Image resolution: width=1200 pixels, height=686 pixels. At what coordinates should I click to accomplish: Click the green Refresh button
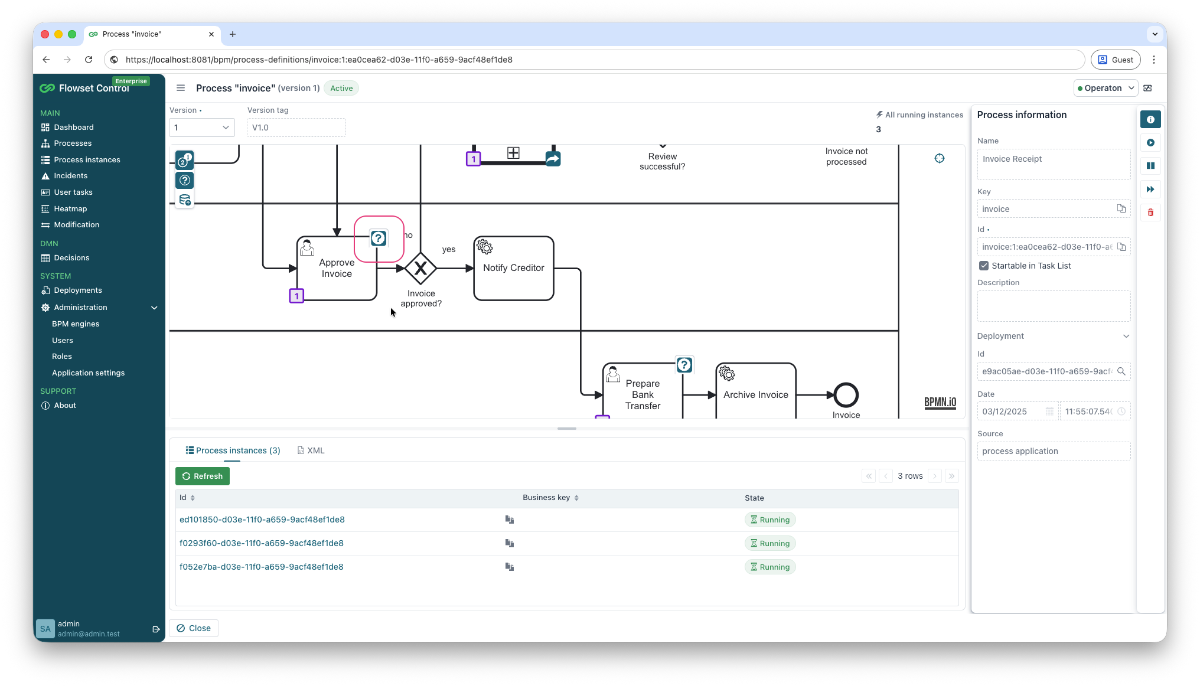[202, 476]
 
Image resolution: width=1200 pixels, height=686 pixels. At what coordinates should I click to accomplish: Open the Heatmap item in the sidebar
[70, 208]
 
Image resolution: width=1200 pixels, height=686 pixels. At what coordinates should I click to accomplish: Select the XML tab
[311, 450]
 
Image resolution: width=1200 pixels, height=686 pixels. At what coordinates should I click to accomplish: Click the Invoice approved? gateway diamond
[420, 269]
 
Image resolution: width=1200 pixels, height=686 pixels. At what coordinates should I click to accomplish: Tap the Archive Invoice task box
[755, 394]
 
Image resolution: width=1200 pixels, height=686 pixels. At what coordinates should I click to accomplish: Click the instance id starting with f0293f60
[262, 543]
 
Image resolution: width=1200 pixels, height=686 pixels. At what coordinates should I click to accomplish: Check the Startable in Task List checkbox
[984, 266]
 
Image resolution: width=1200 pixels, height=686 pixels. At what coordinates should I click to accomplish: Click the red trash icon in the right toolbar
[1150, 213]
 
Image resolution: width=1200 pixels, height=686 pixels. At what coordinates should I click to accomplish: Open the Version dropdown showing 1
[201, 128]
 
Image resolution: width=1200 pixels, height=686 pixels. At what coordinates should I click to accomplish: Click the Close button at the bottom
[194, 628]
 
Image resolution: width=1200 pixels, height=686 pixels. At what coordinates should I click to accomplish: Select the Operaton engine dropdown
[1106, 88]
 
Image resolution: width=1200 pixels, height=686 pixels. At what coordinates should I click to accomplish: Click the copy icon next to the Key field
[1121, 208]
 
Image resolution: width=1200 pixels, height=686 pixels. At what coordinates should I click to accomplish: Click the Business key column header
[546, 498]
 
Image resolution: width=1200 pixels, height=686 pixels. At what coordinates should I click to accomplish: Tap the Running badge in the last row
[770, 567]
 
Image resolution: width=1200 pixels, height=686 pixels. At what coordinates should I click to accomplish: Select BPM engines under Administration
[76, 324]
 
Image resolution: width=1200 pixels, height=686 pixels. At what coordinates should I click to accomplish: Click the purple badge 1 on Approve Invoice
[296, 296]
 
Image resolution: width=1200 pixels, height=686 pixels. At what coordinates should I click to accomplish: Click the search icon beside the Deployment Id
[1121, 371]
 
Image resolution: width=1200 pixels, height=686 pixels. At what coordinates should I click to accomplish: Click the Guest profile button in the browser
[1116, 60]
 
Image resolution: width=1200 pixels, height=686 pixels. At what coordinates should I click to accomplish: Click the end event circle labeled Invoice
[846, 395]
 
